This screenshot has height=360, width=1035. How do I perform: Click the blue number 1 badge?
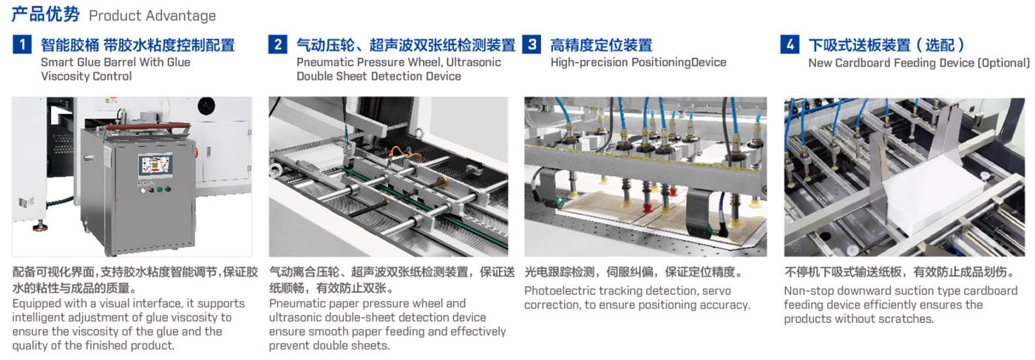(x=21, y=44)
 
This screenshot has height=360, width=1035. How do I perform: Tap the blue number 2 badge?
(x=278, y=44)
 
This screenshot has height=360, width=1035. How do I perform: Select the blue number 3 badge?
(x=532, y=44)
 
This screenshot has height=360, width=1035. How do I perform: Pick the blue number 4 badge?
(x=790, y=44)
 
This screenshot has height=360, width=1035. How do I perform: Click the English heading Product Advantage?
(x=152, y=16)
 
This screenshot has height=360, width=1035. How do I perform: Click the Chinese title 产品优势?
(x=45, y=14)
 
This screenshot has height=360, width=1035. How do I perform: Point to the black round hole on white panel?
(x=206, y=106)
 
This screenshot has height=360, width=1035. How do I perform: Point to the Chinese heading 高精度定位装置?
(x=601, y=45)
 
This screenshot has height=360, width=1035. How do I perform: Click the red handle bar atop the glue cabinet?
(x=148, y=126)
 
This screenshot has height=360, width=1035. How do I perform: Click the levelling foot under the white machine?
(x=40, y=226)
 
